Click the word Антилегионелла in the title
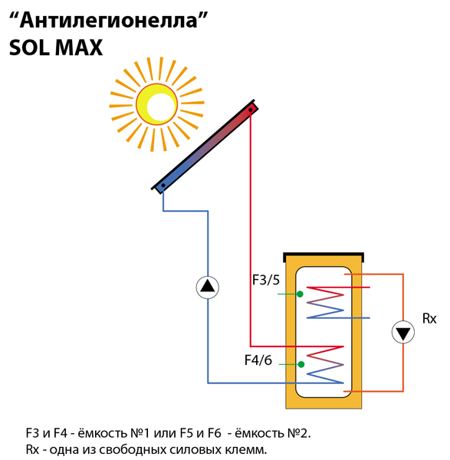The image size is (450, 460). click(x=108, y=21)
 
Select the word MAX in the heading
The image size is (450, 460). click(x=79, y=48)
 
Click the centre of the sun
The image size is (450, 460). click(x=156, y=104)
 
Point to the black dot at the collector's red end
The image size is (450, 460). click(x=251, y=110)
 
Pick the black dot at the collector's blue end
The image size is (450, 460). click(x=163, y=186)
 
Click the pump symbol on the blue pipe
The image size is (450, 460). click(x=208, y=287)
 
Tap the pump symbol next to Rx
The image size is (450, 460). click(x=403, y=333)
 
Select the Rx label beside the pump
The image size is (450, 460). click(x=429, y=318)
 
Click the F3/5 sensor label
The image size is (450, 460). click(x=266, y=280)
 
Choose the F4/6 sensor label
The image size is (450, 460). click(x=258, y=360)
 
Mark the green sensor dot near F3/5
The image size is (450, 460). click(x=300, y=294)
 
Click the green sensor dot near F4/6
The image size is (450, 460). click(x=301, y=364)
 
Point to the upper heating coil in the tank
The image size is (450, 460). click(x=325, y=303)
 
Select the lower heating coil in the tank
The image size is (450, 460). click(x=325, y=365)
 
